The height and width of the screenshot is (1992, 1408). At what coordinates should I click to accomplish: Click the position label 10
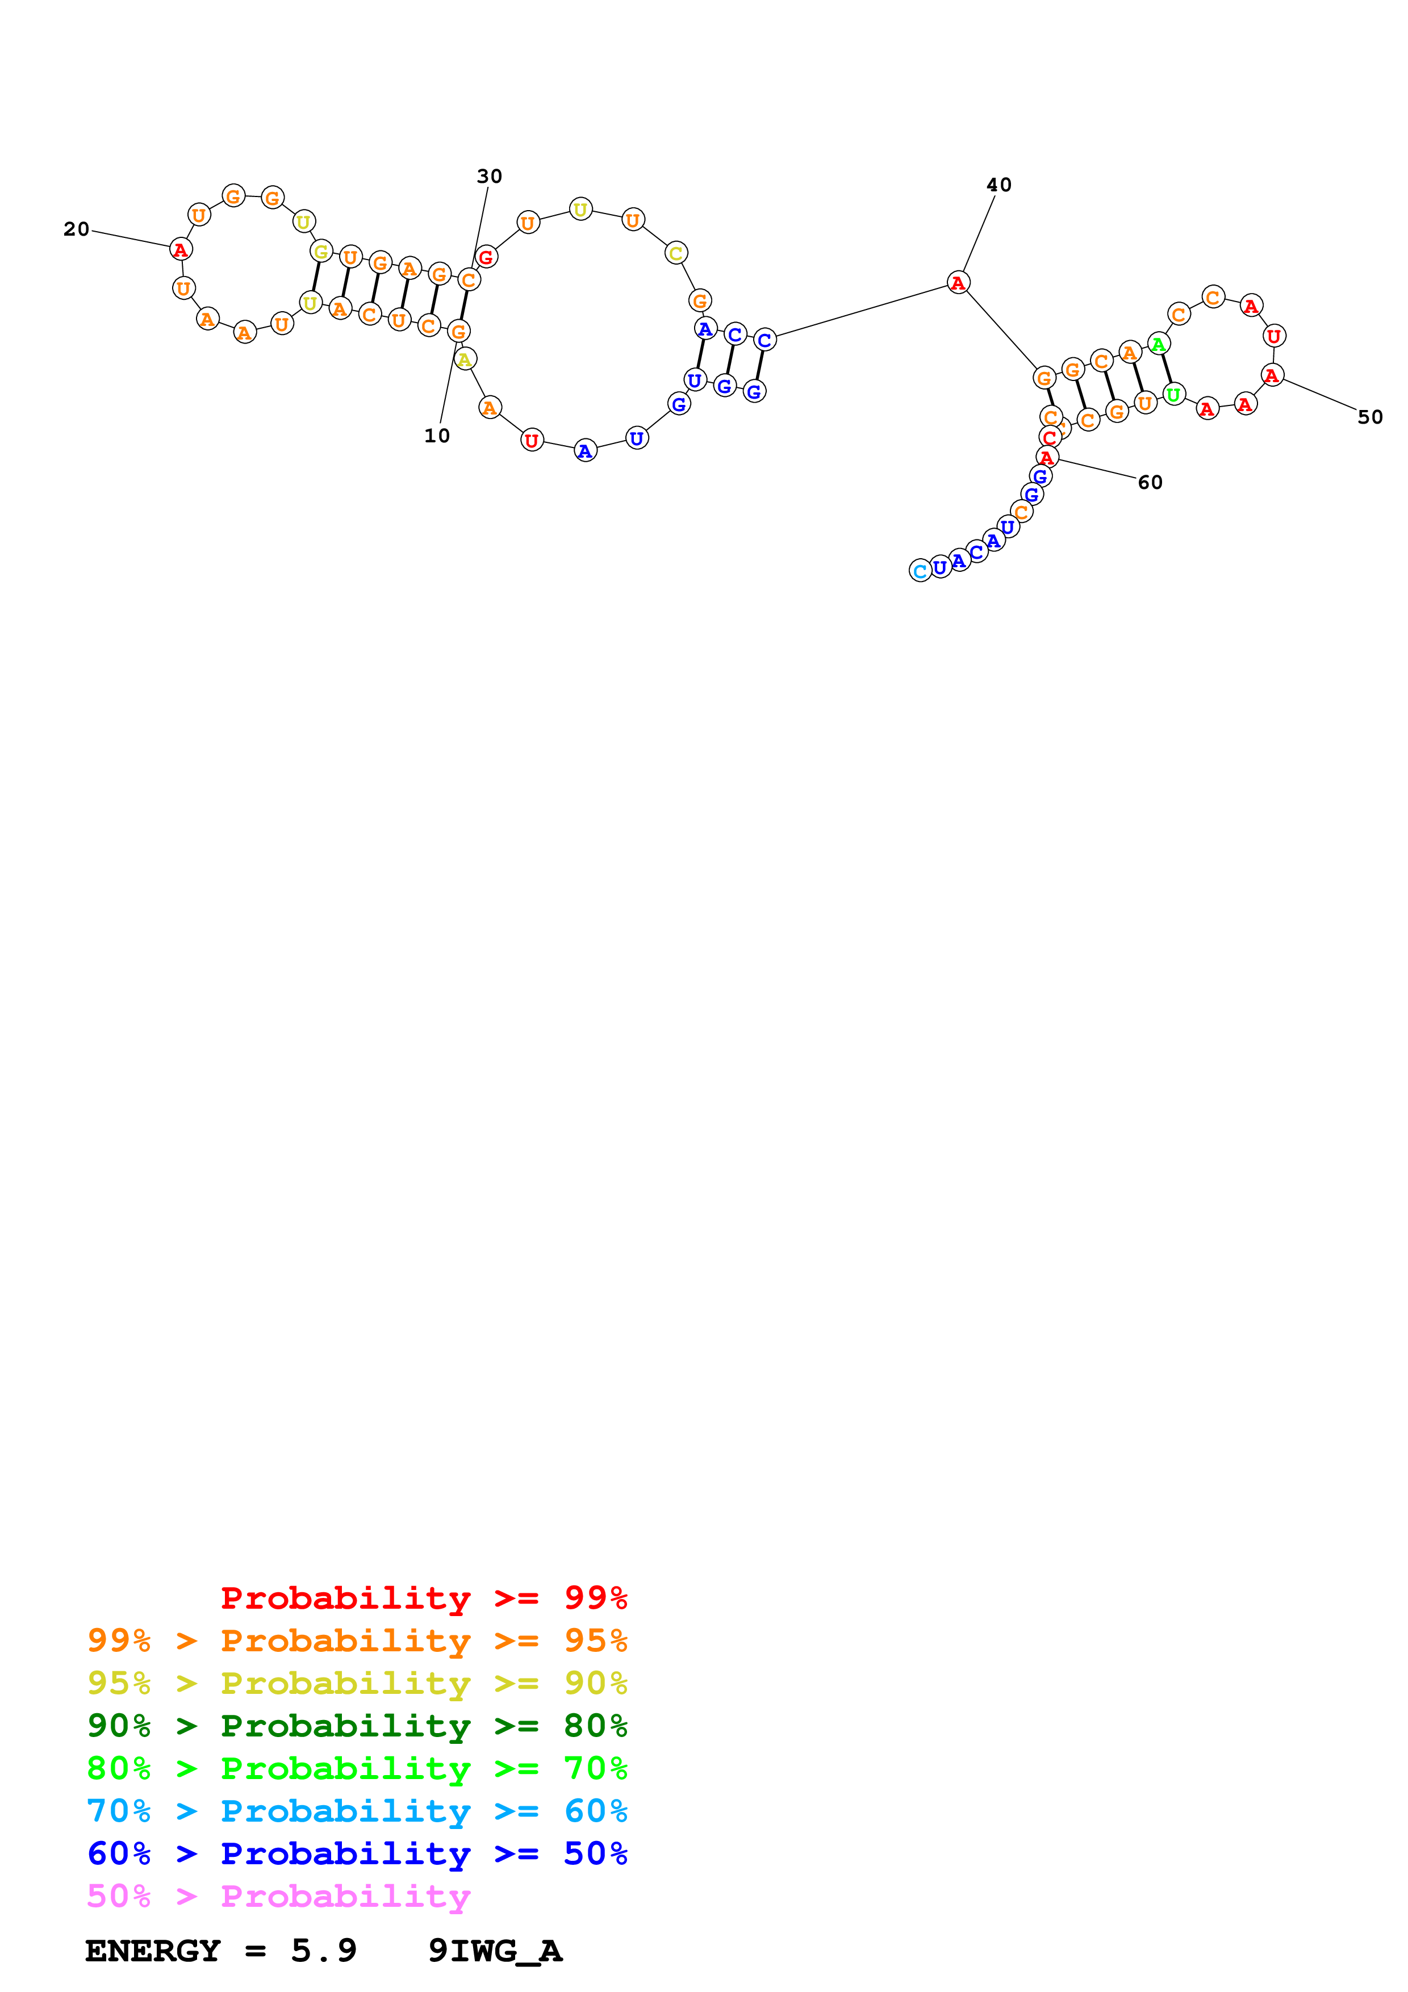(x=436, y=436)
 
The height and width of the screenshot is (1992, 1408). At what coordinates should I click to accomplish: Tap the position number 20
(x=76, y=229)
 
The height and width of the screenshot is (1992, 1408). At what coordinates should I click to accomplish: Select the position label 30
(x=489, y=176)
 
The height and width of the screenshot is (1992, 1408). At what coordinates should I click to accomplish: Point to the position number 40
(x=998, y=185)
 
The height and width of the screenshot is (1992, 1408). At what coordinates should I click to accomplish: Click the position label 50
(x=1370, y=417)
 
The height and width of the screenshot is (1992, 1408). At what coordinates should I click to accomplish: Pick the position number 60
(x=1150, y=482)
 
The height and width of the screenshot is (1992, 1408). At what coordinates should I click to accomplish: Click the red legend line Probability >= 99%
(x=423, y=1598)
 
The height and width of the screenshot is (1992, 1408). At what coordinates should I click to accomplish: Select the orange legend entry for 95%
(x=357, y=1641)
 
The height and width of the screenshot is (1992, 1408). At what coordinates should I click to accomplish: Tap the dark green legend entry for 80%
(x=357, y=1726)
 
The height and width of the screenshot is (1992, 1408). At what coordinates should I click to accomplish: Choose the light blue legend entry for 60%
(x=357, y=1811)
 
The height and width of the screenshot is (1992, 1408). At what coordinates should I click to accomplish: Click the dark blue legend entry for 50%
(x=357, y=1853)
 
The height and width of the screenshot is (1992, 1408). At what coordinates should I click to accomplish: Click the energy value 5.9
(x=324, y=1951)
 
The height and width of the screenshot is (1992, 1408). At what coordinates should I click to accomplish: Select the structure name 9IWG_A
(x=495, y=1951)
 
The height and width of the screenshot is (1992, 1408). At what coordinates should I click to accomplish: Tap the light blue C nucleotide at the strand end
(x=920, y=571)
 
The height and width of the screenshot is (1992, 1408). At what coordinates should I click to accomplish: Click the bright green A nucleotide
(x=1158, y=345)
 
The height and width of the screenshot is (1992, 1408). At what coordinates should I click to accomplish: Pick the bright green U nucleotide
(x=1173, y=395)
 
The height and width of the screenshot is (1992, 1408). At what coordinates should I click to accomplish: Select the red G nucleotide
(x=486, y=257)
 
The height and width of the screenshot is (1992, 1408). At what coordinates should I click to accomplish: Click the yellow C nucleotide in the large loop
(x=676, y=253)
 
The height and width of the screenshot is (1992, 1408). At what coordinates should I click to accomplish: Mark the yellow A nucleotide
(x=465, y=359)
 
